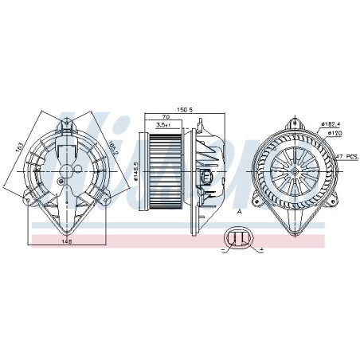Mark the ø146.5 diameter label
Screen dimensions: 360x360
click(x=136, y=170)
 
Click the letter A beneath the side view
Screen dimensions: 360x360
click(x=238, y=210)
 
